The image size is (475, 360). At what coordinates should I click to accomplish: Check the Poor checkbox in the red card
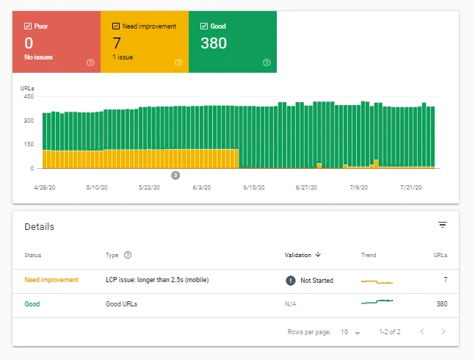pyautogui.click(x=28, y=26)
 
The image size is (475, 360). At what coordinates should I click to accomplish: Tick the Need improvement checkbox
pyautogui.click(x=116, y=26)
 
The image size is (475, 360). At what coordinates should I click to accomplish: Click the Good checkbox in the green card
pyautogui.click(x=204, y=26)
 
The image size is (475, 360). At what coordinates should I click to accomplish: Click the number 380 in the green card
pyautogui.click(x=214, y=43)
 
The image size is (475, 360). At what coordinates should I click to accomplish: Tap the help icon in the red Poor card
pyautogui.click(x=90, y=62)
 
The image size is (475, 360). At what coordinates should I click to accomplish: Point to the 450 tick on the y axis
pyautogui.click(x=29, y=96)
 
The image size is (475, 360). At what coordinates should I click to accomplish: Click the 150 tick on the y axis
pyautogui.click(x=29, y=144)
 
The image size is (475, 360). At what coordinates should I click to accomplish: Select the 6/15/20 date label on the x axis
pyautogui.click(x=253, y=188)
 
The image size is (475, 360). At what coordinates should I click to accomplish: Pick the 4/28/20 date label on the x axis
pyautogui.click(x=46, y=188)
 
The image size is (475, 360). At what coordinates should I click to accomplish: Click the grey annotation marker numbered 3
pyautogui.click(x=175, y=175)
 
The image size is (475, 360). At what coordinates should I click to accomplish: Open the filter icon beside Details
pyautogui.click(x=442, y=225)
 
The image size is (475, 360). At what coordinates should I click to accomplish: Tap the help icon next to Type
pyautogui.click(x=128, y=255)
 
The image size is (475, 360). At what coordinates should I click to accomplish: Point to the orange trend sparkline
pyautogui.click(x=377, y=281)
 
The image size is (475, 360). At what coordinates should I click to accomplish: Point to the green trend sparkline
pyautogui.click(x=377, y=302)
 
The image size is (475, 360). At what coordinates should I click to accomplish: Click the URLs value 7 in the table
pyautogui.click(x=445, y=280)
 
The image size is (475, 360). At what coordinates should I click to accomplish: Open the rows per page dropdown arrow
pyautogui.click(x=358, y=333)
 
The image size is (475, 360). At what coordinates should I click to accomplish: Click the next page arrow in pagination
pyautogui.click(x=443, y=332)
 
